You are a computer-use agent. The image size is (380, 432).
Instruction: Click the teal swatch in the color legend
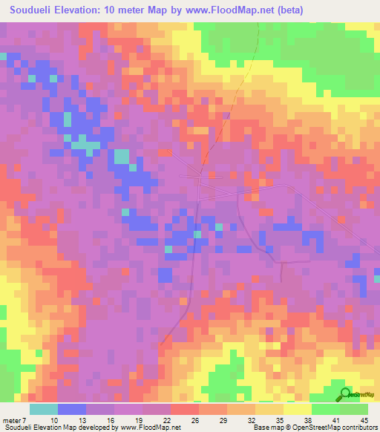point(43,409)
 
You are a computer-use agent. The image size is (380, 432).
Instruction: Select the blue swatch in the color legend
point(71,409)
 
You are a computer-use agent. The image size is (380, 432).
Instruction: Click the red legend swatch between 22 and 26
point(184,409)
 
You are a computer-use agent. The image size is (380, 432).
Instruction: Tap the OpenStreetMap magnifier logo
point(344,394)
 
